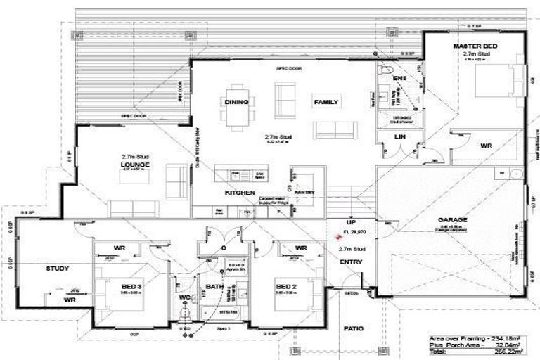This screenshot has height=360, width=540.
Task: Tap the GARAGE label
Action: tap(451, 219)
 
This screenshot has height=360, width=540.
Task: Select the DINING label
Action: tap(237, 103)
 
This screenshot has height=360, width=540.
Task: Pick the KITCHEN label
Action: tap(238, 192)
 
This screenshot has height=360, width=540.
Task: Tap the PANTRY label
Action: tap(304, 192)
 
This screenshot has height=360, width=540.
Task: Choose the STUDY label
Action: tap(58, 269)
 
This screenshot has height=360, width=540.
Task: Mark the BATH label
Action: tap(214, 287)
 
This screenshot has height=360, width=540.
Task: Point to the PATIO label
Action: tap(354, 328)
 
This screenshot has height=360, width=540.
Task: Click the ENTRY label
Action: tap(350, 262)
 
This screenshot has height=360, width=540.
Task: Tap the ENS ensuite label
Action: tap(399, 78)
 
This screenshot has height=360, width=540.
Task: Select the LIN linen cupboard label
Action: tap(399, 136)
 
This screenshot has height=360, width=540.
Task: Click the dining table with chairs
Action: tap(237, 104)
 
